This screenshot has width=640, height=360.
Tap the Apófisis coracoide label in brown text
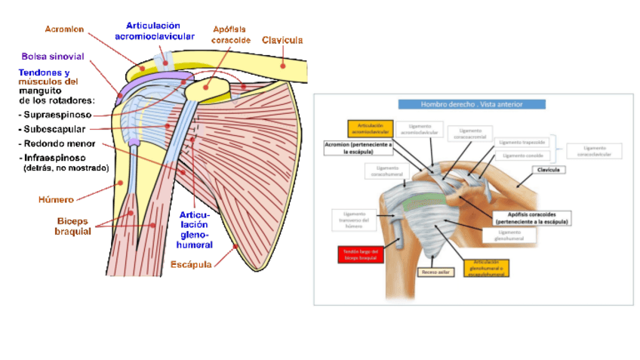pos(231,33)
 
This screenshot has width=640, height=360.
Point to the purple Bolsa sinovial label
pos(52,57)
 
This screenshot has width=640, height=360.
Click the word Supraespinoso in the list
pos(57,115)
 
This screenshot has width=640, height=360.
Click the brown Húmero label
pos(56,200)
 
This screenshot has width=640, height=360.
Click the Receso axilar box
pos(435,270)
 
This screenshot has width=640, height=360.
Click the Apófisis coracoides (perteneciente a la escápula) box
pos(532,218)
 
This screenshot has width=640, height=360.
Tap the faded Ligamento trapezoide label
pos(522,142)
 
